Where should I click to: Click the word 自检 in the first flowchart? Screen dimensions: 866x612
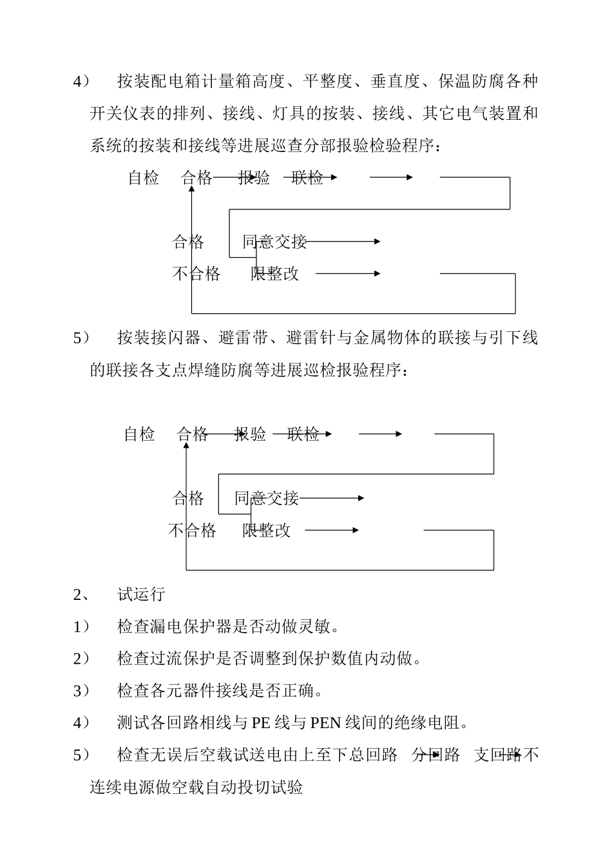[x=143, y=178]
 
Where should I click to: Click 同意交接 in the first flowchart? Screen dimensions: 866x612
[x=274, y=242]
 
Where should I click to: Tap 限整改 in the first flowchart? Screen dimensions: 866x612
[x=274, y=274]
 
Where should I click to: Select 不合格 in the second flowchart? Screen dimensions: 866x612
[x=192, y=531]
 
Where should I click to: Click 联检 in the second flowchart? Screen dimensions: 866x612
[x=303, y=434]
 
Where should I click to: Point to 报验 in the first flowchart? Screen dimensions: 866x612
[x=254, y=178]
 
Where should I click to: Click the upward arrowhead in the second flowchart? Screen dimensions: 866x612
[x=186, y=447]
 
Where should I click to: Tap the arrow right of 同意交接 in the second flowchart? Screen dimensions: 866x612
[x=332, y=498]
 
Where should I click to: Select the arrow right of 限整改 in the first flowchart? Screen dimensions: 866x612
[x=348, y=274]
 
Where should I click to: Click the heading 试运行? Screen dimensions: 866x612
[x=141, y=594]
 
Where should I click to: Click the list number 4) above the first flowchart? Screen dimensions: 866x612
[x=81, y=82]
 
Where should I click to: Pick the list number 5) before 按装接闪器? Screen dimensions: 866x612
[x=81, y=338]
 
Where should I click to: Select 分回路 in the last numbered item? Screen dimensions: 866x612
[x=436, y=755]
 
